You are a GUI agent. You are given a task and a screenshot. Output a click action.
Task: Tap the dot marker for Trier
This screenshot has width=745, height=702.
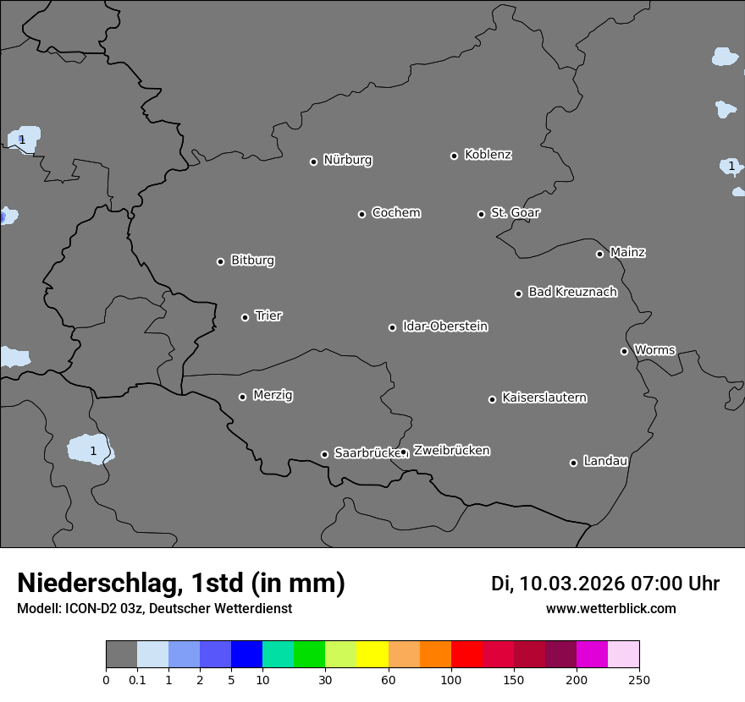[246, 317]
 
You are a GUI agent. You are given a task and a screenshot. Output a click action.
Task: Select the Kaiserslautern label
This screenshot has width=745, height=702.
[544, 398]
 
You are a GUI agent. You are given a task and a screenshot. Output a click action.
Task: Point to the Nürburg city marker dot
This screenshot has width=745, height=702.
[313, 162]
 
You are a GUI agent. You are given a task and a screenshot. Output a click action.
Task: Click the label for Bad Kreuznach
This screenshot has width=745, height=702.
[572, 292]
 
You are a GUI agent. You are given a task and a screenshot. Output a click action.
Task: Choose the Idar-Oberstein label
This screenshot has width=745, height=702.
[444, 326]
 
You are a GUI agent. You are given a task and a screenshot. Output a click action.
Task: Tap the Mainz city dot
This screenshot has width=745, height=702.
[599, 254]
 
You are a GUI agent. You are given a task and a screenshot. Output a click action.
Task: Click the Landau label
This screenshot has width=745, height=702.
[605, 461]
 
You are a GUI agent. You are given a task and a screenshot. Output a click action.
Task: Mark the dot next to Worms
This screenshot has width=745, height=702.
[624, 351]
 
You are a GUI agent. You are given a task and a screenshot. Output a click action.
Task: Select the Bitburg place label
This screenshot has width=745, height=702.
[252, 261]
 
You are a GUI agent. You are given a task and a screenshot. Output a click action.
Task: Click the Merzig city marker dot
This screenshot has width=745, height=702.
[242, 397]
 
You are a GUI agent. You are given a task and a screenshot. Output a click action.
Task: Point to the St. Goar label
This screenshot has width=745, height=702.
[515, 212]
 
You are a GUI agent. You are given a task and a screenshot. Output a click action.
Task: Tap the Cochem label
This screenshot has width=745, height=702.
[395, 212]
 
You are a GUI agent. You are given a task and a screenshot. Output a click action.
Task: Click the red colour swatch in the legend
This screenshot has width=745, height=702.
[466, 655]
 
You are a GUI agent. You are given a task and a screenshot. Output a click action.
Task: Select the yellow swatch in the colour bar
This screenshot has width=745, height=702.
[372, 655]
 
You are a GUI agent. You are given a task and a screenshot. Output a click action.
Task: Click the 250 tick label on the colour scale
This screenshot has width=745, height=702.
[639, 679]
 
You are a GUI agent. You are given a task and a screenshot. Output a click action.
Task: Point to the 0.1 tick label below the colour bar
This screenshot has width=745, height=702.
[137, 679]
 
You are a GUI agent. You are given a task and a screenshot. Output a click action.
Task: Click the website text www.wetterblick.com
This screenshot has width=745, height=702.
[610, 609]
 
